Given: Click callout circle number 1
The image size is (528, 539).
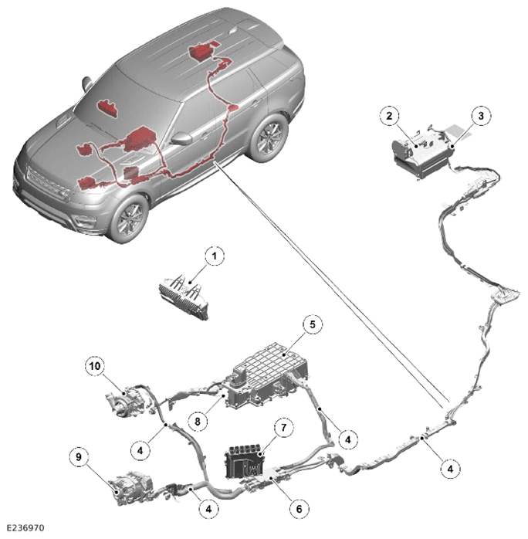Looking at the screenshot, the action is [215, 256].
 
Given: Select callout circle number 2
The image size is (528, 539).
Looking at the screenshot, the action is [389, 116].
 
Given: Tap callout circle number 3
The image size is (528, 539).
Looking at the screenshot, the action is [481, 116].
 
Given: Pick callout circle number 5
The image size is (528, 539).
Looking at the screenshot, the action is [313, 324].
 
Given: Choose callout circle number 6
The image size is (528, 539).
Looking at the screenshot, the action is [299, 508].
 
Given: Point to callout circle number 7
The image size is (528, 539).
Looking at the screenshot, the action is [284, 428].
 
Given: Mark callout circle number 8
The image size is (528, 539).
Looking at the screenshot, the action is [198, 421].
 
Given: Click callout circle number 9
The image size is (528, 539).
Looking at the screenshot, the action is [79, 457].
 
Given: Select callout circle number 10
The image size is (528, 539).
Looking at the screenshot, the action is [95, 366].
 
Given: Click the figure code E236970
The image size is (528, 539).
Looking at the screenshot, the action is [25, 527].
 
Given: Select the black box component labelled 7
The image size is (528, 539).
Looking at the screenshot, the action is [245, 463].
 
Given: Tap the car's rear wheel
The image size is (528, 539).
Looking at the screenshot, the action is [269, 138].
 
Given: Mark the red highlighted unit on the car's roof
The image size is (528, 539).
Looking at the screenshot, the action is [203, 52].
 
